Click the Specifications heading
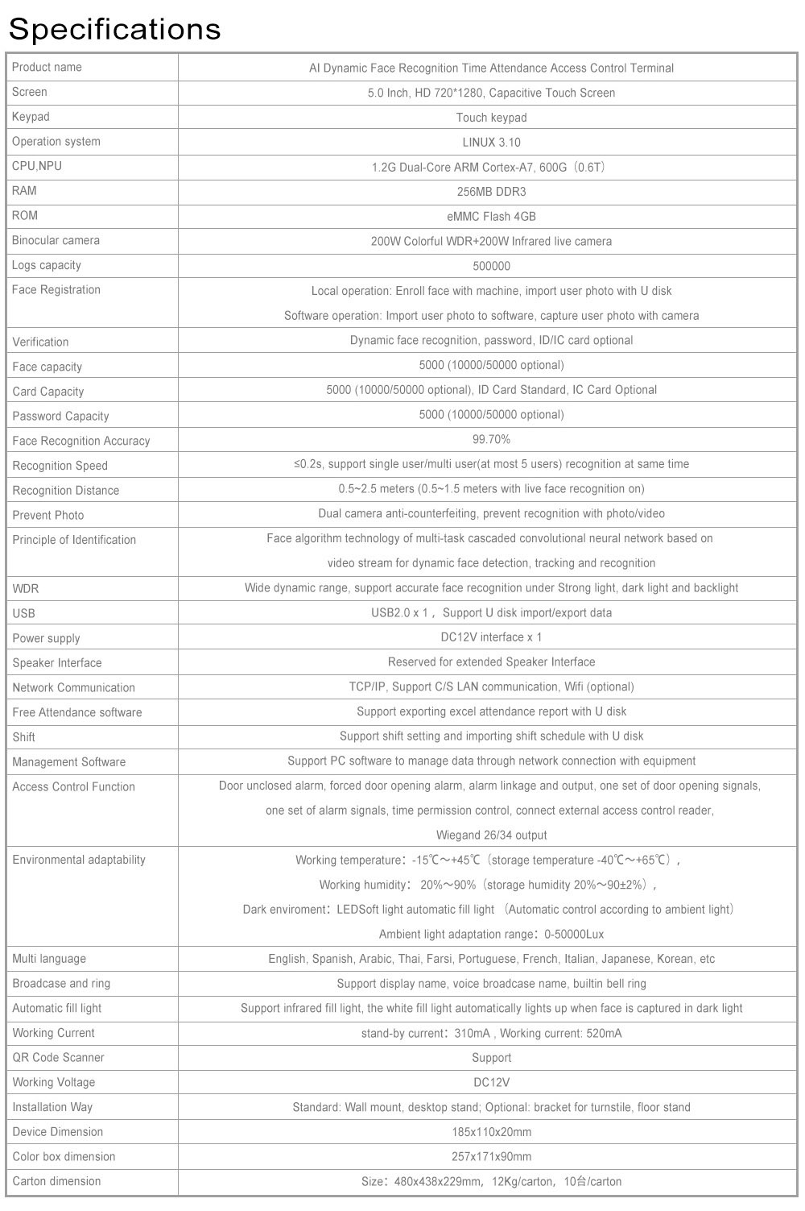pyautogui.click(x=114, y=29)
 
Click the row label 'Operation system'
pyautogui.click(x=56, y=142)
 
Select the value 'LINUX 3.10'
pyautogui.click(x=491, y=143)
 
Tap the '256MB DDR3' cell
pyautogui.click(x=491, y=192)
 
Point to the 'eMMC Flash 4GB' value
pyautogui.click(x=491, y=217)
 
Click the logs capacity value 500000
pyautogui.click(x=491, y=266)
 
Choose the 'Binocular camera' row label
pyautogui.click(x=56, y=241)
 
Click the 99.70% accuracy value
pyautogui.click(x=491, y=440)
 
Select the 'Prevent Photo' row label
pyautogui.click(x=48, y=516)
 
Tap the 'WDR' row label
pyautogui.click(x=26, y=589)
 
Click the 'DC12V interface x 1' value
pyautogui.click(x=491, y=637)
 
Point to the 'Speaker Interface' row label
pyautogui.click(x=57, y=663)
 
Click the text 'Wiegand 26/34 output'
pyautogui.click(x=491, y=836)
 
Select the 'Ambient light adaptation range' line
pyautogui.click(x=491, y=935)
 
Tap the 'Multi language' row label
pyautogui.click(x=49, y=959)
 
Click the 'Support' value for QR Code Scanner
pyautogui.click(x=491, y=1058)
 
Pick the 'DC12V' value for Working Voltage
pyautogui.click(x=491, y=1083)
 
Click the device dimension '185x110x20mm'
pyautogui.click(x=491, y=1132)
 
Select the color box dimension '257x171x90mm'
pyautogui.click(x=491, y=1157)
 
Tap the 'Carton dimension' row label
pyautogui.click(x=57, y=1182)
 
